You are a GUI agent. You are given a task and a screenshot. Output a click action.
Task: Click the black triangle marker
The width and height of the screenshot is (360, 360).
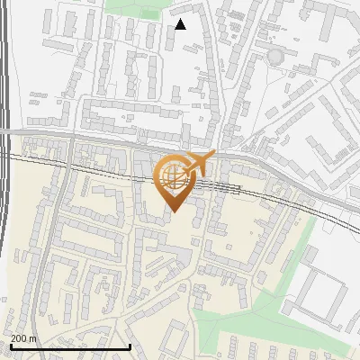[181, 24]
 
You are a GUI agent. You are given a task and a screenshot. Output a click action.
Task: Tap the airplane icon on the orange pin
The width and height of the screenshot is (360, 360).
[197, 164]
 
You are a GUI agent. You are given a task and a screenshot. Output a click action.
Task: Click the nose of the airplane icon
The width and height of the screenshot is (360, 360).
[213, 156]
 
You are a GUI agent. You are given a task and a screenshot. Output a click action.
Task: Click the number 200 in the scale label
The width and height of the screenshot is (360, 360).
[20, 338]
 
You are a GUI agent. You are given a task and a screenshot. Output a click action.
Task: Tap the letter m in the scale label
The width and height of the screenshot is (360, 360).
[33, 338]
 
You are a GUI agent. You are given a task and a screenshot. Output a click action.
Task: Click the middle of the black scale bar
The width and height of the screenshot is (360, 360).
[70, 346]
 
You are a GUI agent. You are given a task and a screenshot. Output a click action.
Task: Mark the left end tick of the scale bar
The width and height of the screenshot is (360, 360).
[10, 346]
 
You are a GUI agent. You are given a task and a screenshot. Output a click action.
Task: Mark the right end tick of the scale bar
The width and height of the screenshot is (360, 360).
[130, 346]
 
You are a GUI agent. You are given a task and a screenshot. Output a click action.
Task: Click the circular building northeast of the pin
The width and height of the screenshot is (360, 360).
[274, 57]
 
